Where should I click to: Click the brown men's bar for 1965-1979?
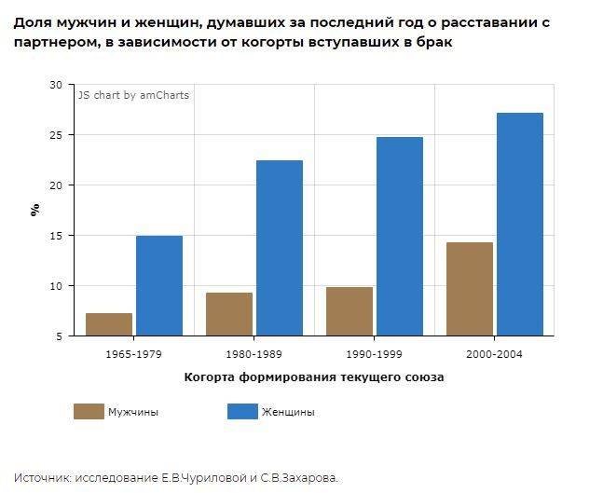point(109,323)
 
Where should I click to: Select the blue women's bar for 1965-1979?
point(159,285)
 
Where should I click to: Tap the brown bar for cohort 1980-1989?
point(229,313)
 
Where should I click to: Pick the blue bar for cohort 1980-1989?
point(280,248)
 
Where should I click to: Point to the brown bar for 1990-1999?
point(349,310)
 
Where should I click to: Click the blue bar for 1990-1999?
point(400,236)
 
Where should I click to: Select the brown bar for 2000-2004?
point(470,288)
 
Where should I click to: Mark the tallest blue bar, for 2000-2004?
point(520,224)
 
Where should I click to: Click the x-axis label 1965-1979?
point(134,354)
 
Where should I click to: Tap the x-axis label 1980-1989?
point(254,354)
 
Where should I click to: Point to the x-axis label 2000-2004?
point(494,354)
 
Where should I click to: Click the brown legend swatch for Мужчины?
point(89,411)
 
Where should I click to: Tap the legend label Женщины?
point(288,412)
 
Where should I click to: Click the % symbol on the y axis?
point(35,210)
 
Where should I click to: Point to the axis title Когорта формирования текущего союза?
point(314,377)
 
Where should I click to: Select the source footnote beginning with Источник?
point(176,477)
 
